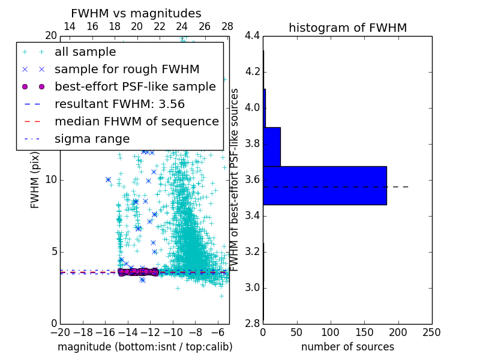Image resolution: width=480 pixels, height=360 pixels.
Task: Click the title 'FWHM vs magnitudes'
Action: pyautogui.click(x=136, y=13)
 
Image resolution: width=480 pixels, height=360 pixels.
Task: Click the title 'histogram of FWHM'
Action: pyautogui.click(x=347, y=28)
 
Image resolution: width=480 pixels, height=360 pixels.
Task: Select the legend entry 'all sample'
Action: pyautogui.click(x=85, y=52)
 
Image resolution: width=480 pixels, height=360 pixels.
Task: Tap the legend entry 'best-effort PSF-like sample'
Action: pyautogui.click(x=135, y=86)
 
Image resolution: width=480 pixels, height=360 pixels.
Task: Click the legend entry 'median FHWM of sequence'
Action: pyautogui.click(x=136, y=121)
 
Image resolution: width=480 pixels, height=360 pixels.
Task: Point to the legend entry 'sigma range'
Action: pyautogui.click(x=92, y=139)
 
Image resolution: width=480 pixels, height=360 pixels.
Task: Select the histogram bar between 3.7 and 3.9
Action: pyautogui.click(x=272, y=146)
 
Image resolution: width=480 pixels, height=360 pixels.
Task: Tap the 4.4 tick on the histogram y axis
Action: pyautogui.click(x=252, y=36)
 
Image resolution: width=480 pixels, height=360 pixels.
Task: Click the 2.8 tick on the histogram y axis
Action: pyautogui.click(x=252, y=323)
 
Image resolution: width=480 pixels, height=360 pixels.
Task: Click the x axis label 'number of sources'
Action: pyautogui.click(x=347, y=347)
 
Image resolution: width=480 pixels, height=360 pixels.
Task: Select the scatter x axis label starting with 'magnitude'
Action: pyautogui.click(x=145, y=347)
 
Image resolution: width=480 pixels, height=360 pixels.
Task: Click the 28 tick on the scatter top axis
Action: pyautogui.click(x=227, y=26)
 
